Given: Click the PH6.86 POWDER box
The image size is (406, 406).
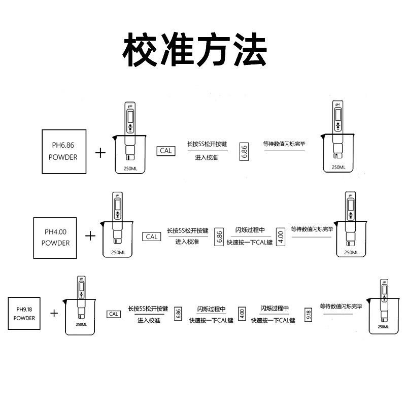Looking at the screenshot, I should (x=63, y=151).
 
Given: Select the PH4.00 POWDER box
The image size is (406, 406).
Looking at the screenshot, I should (x=55, y=237).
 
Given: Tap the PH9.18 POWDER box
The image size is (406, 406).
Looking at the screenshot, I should (x=24, y=314).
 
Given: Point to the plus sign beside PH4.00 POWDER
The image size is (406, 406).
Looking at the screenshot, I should (x=90, y=235).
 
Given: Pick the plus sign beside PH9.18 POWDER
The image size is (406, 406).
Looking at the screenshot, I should (x=55, y=313).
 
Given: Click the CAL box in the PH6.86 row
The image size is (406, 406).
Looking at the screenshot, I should (x=166, y=151).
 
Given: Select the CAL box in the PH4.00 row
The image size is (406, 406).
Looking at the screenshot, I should (x=152, y=236).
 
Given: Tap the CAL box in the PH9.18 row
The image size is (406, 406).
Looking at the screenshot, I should (x=114, y=314).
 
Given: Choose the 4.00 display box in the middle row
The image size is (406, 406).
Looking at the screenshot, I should (x=280, y=236).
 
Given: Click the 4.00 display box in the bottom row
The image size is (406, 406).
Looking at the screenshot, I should (x=242, y=314).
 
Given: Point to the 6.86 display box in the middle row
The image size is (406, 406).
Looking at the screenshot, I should (x=219, y=236).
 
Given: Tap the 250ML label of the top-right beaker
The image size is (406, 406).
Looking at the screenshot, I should (x=339, y=167).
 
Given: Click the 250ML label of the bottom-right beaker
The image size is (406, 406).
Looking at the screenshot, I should (x=384, y=327).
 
